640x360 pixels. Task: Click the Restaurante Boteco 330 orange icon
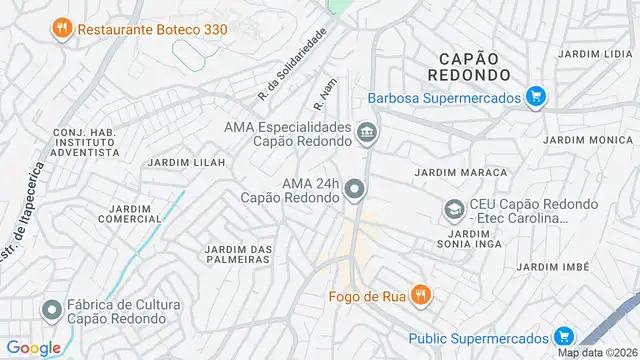click(x=62, y=29)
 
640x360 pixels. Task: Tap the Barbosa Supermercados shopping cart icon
click(x=537, y=97)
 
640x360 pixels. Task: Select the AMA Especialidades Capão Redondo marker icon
click(x=367, y=132)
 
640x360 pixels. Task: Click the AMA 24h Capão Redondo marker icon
click(x=355, y=189)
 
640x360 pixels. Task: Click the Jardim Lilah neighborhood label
click(x=181, y=162)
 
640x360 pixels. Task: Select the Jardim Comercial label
click(x=130, y=213)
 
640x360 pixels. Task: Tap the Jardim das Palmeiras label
click(x=238, y=254)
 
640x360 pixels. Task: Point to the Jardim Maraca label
click(x=455, y=172)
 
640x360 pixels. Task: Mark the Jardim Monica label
click(x=596, y=141)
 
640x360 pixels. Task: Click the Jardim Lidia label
click(x=592, y=53)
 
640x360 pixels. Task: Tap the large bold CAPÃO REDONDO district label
click(x=468, y=65)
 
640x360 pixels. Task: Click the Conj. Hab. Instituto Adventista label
click(x=86, y=141)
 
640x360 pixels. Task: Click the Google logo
click(x=34, y=347)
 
